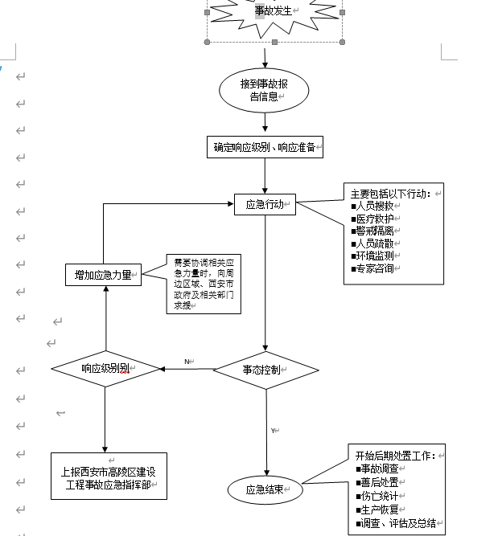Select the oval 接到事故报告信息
point(265,90)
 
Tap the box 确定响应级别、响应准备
point(264,148)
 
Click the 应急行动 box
point(265,204)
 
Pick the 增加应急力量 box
point(103,275)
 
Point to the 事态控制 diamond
point(265,370)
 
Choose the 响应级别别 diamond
point(105,370)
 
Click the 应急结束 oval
point(265,489)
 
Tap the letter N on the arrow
point(187,362)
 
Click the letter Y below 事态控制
point(273,431)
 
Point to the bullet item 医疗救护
point(378,219)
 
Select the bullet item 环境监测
point(378,256)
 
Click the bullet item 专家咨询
point(378,268)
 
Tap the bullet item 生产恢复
point(381,509)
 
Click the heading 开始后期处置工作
point(394,456)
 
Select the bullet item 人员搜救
point(378,207)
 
